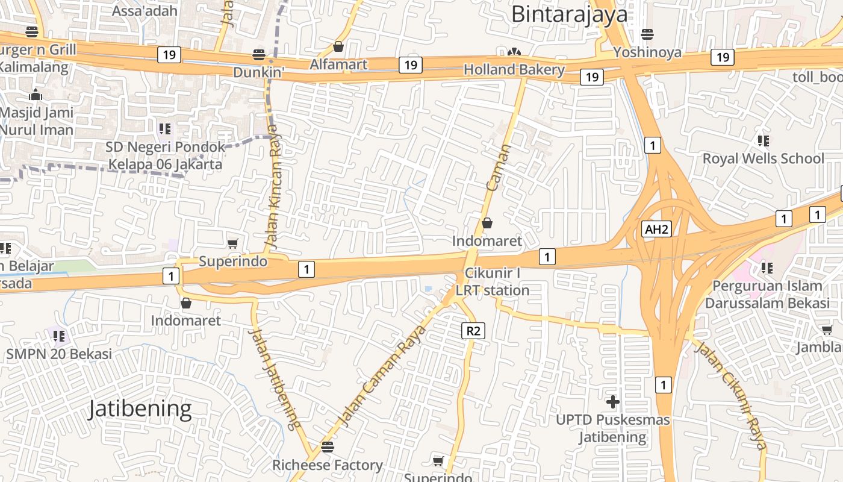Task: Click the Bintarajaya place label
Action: [569, 14]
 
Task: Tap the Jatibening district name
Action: [140, 409]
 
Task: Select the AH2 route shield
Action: [656, 229]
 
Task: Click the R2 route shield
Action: [474, 330]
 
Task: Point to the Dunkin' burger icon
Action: [259, 55]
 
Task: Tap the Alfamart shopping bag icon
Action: [338, 46]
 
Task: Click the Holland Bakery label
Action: [514, 69]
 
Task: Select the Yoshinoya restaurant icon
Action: [647, 34]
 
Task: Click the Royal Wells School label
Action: [764, 158]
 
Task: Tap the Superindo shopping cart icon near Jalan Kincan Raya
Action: [232, 244]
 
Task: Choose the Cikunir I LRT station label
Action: [492, 282]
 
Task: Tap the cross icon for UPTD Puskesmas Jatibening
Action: [613, 401]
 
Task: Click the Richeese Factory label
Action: [327, 465]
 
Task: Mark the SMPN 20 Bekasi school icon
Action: [58, 336]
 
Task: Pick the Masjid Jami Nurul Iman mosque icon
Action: [36, 95]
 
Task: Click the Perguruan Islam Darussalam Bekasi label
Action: [767, 294]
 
